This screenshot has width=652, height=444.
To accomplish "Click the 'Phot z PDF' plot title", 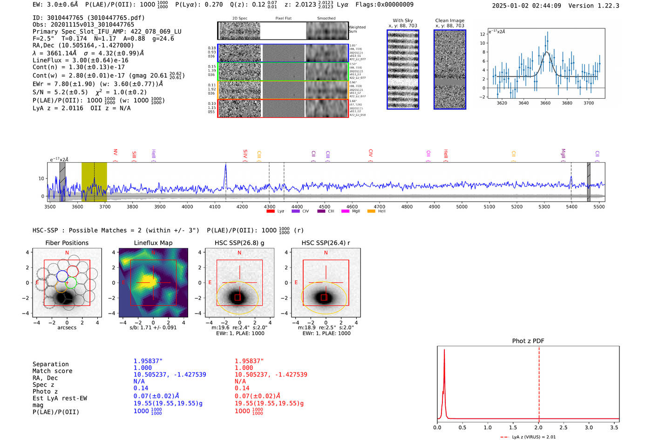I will pos(528,341).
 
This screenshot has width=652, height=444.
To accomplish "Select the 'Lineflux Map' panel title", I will pos(153,243).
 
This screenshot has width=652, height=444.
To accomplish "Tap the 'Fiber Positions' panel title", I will pos(67,243).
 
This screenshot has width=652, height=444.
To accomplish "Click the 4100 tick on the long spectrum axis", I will pos(215,207).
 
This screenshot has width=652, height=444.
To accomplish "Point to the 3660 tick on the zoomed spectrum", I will pos(545,103).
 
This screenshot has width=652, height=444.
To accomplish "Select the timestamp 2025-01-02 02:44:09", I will pos(526,6).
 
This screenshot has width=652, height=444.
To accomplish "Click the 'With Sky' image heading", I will pos(402,20).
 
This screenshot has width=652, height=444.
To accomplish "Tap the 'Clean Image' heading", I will pos(449,20).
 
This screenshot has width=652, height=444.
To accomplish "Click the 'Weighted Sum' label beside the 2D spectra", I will pos(357,29).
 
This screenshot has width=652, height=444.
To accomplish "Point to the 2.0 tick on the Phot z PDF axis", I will pos(538,427).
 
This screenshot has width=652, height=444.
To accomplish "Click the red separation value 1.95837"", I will pos(249,361).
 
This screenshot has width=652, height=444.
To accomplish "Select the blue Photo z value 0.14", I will pos(141,388).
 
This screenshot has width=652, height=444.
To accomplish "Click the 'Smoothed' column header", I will pos(326,19).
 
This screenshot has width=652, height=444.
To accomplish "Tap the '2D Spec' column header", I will pos(240,19).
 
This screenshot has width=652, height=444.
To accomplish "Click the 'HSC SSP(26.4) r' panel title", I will pos(326,243).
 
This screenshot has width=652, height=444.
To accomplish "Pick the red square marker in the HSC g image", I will pos(238,297).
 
